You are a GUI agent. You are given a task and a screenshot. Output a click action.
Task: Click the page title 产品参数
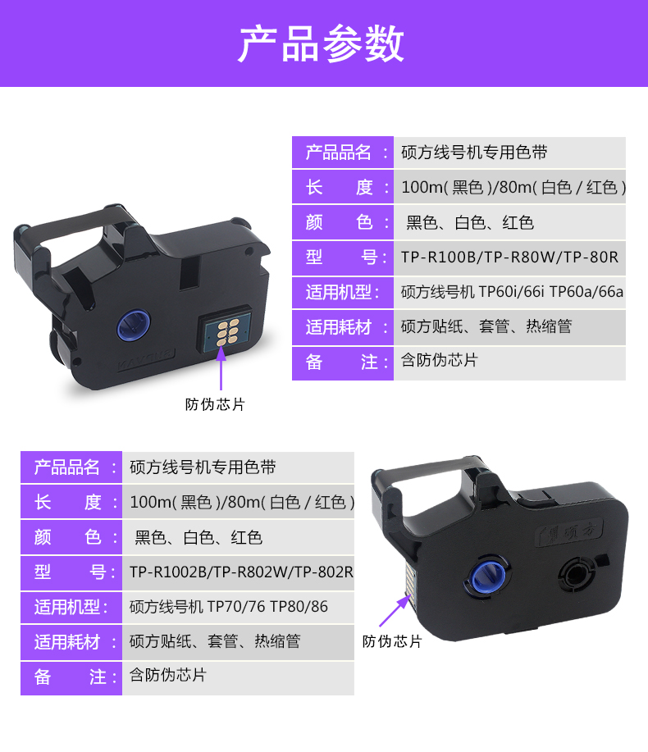(x=322, y=43)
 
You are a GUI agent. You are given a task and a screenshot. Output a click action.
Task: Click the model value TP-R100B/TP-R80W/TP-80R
(x=509, y=258)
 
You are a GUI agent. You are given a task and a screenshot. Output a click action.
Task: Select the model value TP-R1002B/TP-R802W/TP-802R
(x=240, y=572)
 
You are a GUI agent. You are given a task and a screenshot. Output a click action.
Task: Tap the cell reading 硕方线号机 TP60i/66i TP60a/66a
(x=512, y=292)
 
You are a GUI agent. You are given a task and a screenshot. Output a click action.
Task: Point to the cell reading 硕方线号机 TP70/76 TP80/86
(x=228, y=607)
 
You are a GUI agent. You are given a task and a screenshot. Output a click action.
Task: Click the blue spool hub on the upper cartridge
(x=131, y=322)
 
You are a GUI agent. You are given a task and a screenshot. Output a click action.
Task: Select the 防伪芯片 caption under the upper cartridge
(x=215, y=404)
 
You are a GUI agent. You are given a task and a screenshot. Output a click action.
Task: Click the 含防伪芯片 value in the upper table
(x=439, y=362)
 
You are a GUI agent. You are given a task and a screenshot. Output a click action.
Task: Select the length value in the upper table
(x=513, y=188)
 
